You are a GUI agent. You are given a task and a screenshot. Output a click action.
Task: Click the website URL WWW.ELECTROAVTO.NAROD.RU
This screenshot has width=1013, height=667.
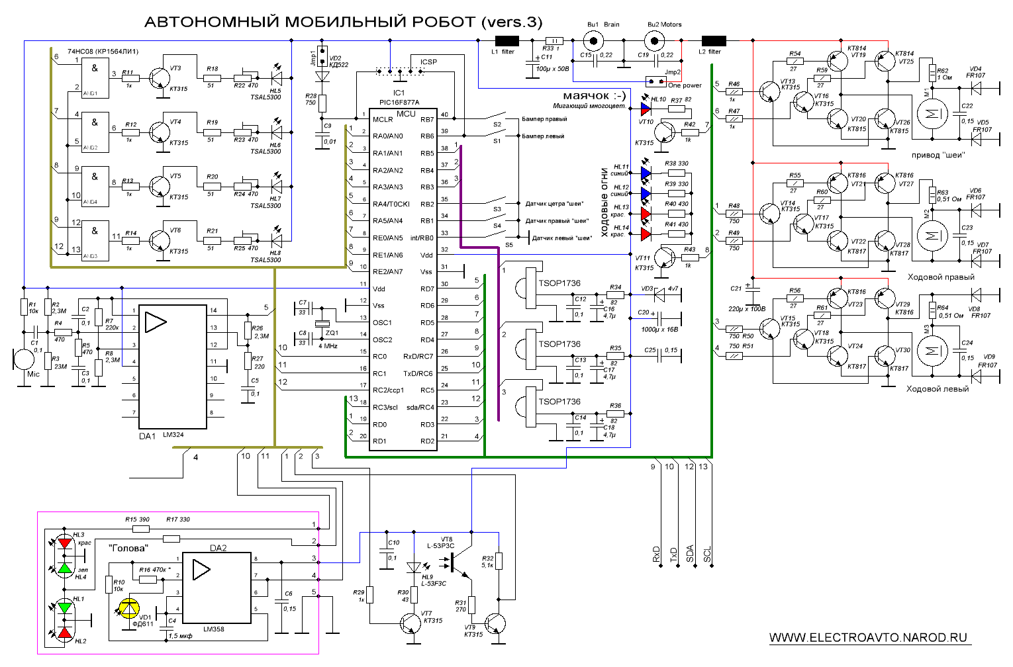coord(868,638)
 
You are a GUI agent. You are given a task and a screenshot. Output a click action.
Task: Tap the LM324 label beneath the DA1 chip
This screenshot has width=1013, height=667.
coord(173,435)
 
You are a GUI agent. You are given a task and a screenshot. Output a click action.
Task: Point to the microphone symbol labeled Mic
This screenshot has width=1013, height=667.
coord(24,359)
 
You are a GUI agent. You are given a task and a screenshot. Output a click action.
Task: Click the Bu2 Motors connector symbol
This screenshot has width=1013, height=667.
coord(655,41)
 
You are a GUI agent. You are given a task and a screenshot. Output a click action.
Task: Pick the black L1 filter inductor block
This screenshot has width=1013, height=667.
coord(507,41)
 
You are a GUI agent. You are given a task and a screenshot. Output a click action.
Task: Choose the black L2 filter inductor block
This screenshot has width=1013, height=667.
coord(713,41)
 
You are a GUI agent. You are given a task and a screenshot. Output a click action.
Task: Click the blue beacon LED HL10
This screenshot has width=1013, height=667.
coord(646,107)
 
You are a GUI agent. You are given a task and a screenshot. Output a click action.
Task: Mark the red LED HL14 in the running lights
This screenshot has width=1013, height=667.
coord(646,234)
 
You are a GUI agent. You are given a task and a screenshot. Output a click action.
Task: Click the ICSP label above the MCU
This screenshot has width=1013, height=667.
coord(428,62)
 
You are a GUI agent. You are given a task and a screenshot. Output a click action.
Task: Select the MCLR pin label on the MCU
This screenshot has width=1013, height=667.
coord(383,120)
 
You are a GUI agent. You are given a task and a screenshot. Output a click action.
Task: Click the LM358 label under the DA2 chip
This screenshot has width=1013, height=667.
coord(214,629)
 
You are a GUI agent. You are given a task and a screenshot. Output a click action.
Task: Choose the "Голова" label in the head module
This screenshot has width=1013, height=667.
coord(128,548)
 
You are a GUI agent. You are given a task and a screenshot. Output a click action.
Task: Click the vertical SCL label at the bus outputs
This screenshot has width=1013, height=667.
coord(707,555)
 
